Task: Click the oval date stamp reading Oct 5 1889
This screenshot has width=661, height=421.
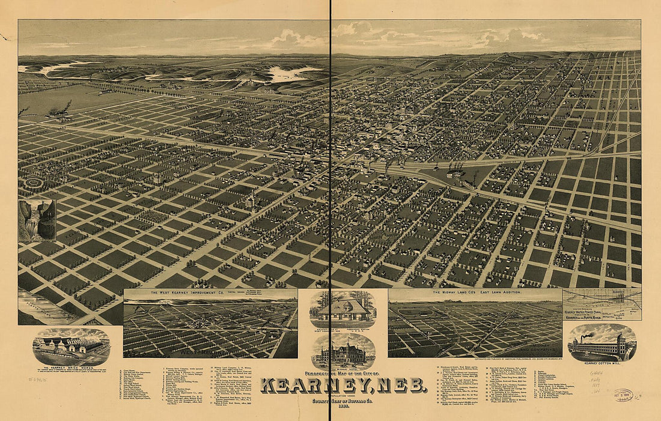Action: tap(611, 396)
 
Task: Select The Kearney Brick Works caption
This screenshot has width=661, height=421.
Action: tap(71, 368)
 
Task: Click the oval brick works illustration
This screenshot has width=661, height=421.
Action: tap(71, 347)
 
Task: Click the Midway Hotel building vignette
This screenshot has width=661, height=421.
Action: tap(343, 353)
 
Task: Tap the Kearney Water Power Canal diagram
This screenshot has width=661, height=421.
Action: tap(602, 304)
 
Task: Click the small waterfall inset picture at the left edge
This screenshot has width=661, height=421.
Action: tap(37, 220)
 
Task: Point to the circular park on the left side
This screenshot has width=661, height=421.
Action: tap(34, 182)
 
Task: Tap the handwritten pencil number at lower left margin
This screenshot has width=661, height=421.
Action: tap(37, 380)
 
